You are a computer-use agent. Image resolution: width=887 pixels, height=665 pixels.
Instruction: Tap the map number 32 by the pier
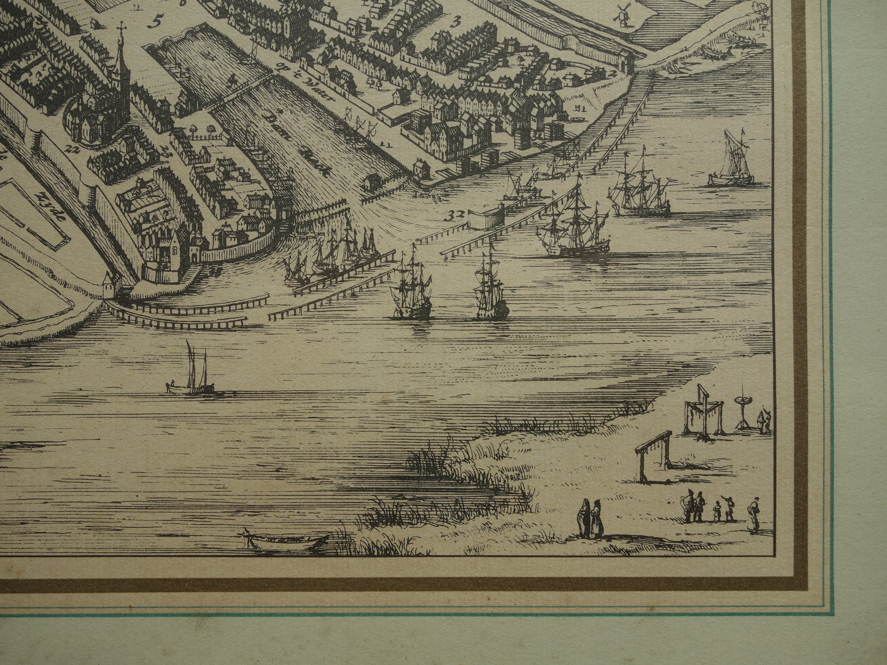click(x=455, y=214)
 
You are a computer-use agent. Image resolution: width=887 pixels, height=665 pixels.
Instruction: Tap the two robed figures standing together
click(x=590, y=518)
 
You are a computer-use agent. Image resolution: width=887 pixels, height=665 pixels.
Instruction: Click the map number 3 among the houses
click(x=455, y=24)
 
